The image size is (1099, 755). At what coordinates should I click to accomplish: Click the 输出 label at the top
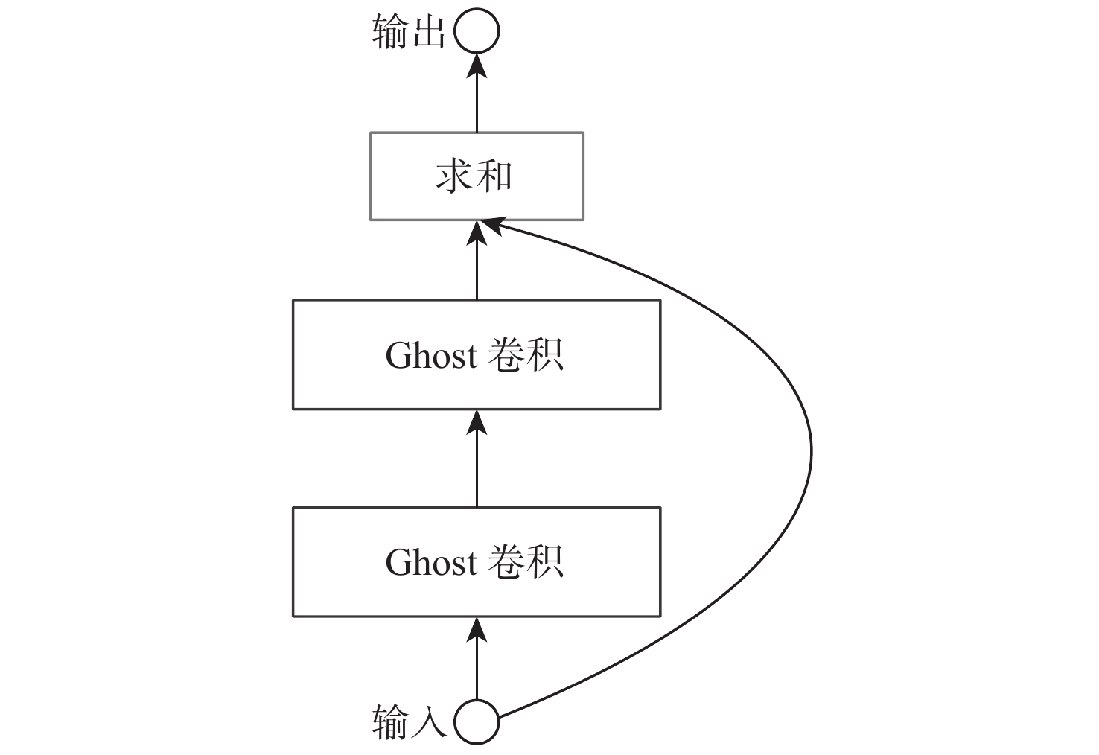click(408, 33)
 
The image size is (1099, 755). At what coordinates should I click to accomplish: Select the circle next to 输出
click(477, 32)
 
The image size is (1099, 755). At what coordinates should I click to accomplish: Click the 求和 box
click(477, 176)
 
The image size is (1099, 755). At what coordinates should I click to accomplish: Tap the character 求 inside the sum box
click(454, 177)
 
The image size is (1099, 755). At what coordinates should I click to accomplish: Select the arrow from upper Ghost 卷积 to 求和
click(477, 261)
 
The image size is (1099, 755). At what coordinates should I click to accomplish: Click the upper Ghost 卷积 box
click(477, 354)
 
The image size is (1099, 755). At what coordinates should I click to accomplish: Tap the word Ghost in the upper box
click(431, 355)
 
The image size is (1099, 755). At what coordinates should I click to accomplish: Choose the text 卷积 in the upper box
click(526, 355)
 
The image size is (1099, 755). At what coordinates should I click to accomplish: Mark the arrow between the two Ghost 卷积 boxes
click(477, 458)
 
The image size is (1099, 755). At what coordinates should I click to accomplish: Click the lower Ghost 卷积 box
click(477, 561)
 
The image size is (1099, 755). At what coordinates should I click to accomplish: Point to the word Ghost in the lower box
click(431, 562)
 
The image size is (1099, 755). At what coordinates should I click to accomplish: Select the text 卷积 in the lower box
click(526, 562)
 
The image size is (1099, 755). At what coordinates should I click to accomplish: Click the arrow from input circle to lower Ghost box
click(477, 659)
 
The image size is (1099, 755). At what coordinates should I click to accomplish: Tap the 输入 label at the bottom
click(408, 722)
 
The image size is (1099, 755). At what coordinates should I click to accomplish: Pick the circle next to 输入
click(477, 721)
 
